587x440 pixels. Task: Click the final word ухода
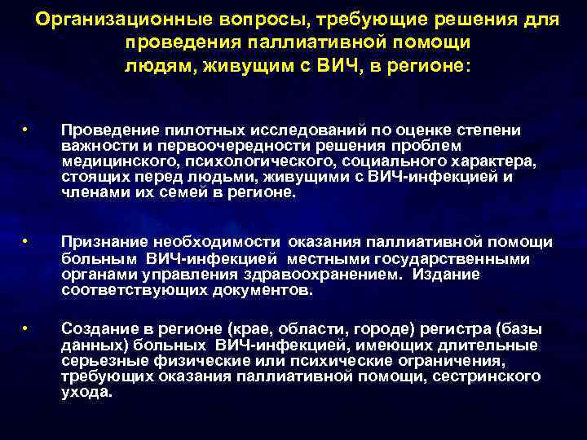click(86, 391)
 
